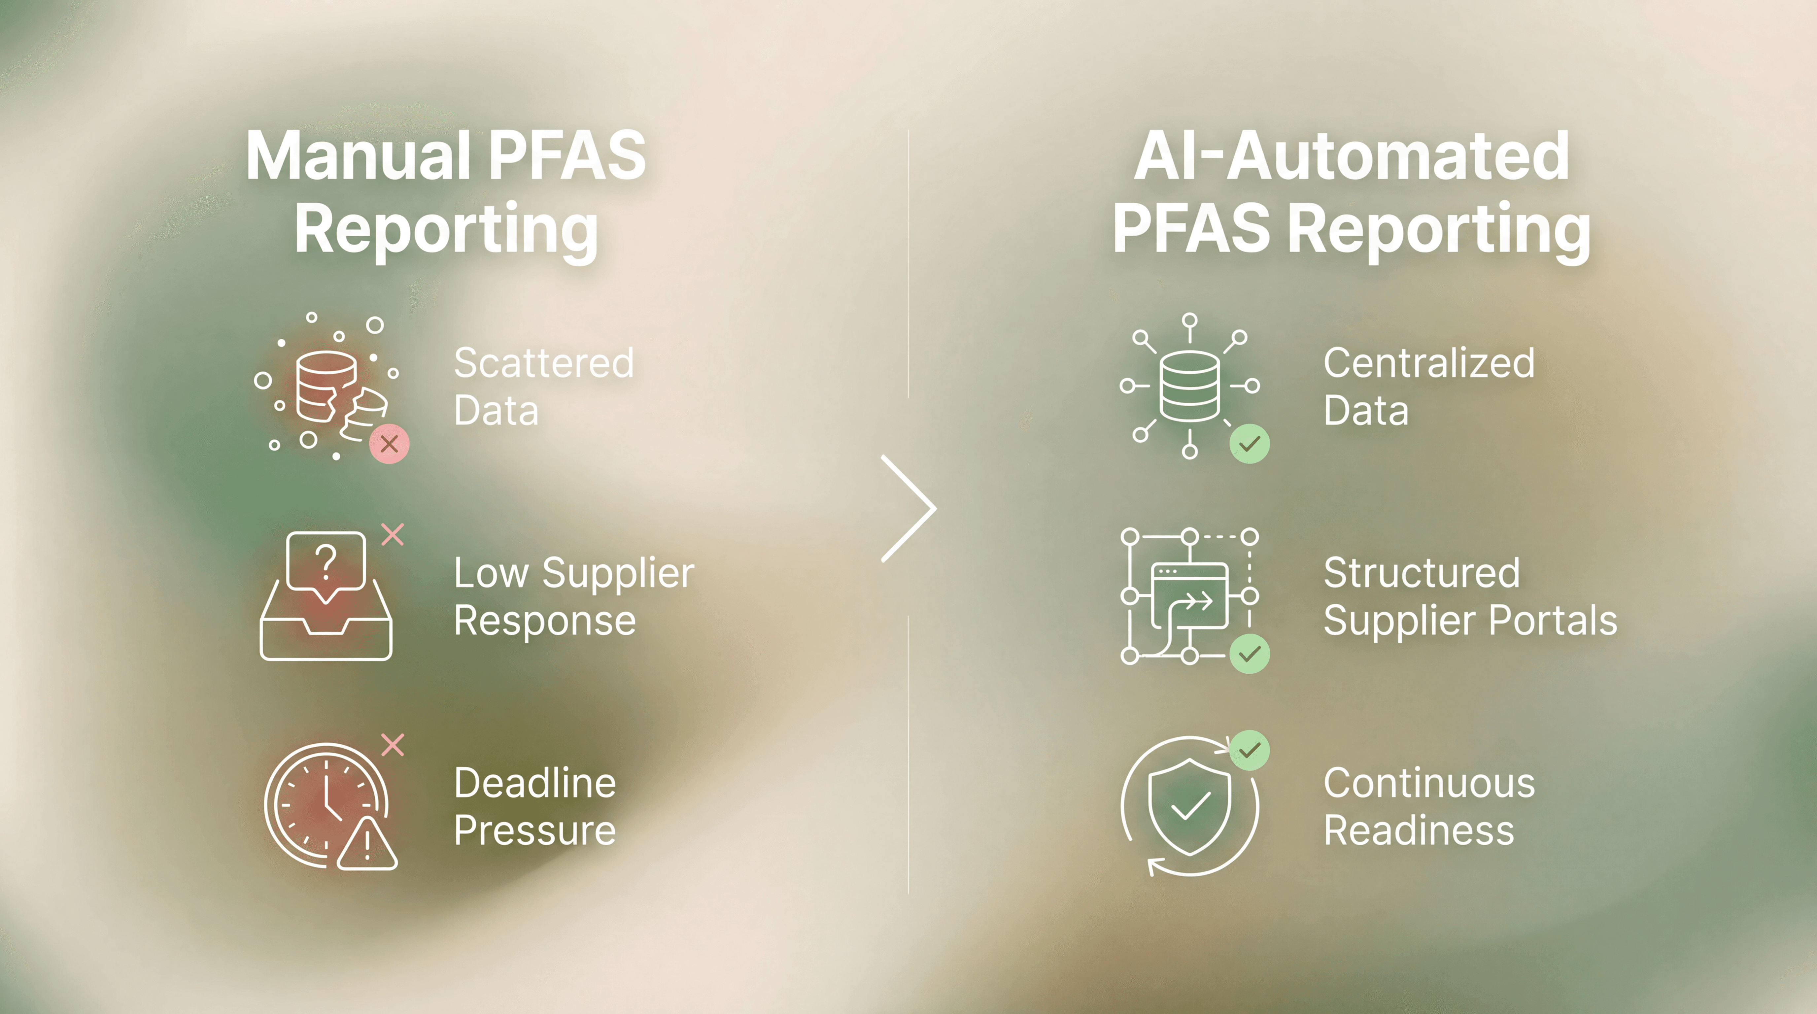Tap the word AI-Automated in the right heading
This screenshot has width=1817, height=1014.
point(1351,156)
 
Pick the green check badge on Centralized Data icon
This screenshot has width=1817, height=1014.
point(1249,444)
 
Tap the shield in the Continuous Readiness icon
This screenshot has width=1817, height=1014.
point(1190,805)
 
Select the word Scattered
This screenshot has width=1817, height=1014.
point(543,363)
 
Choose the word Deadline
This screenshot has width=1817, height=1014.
point(535,783)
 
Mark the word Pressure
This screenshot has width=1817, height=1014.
point(535,830)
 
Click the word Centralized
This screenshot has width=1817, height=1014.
point(1428,363)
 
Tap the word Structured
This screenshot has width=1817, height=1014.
point(1421,573)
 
